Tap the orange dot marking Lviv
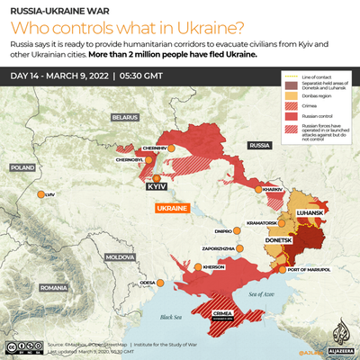(38, 194)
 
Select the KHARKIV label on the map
(272, 190)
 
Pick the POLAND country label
(22, 167)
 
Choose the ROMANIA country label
(54, 287)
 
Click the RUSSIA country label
(259, 144)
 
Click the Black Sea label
(169, 317)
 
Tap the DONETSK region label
(282, 241)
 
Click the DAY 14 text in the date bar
(29, 74)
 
